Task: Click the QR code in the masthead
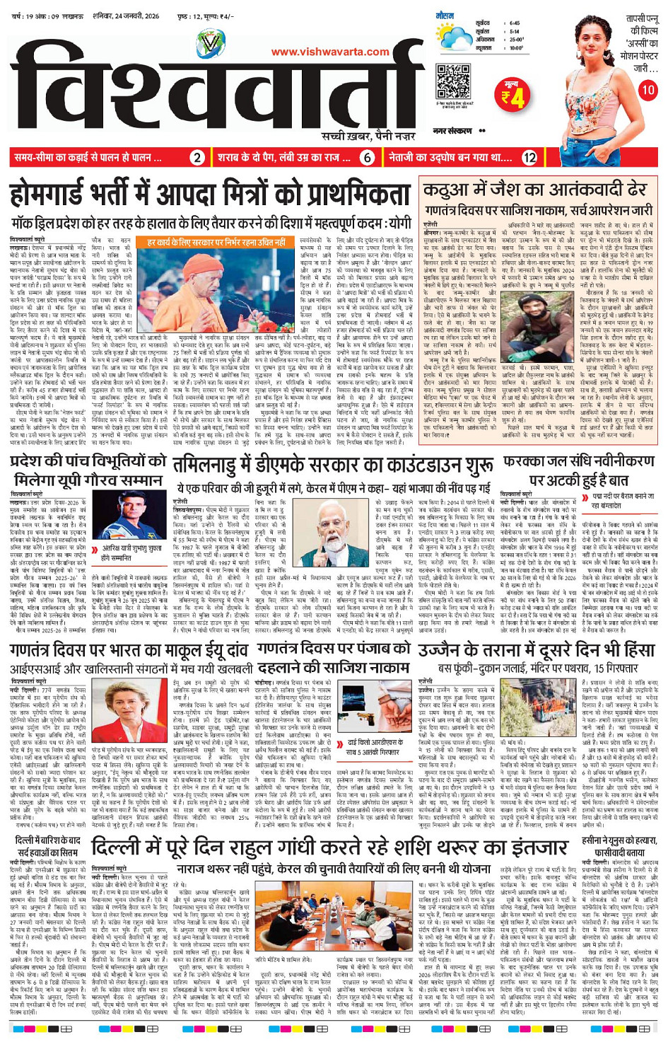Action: tap(454, 81)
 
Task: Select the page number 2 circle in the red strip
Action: tap(198, 158)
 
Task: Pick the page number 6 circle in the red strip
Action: tap(367, 158)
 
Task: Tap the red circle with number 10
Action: tap(648, 90)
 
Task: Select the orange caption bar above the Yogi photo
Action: tap(216, 243)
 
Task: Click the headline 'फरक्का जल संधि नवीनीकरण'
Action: tap(579, 463)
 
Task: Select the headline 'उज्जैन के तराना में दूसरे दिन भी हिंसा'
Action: tap(537, 650)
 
